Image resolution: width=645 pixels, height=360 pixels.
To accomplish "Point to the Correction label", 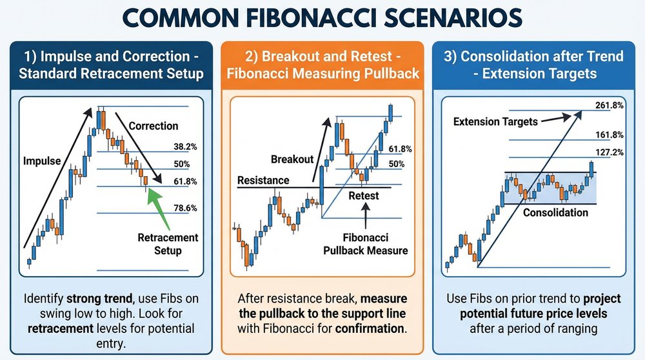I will coord(154,126).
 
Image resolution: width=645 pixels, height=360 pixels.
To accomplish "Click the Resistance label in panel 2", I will coord(263,180).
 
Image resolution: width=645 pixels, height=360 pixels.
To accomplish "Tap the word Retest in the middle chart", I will coord(364,195).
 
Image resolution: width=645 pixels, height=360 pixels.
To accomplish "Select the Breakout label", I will coord(292,159).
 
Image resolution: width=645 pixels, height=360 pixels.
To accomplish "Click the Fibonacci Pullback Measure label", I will coord(366,244).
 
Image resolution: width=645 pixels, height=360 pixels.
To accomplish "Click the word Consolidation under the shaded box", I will coord(555,212).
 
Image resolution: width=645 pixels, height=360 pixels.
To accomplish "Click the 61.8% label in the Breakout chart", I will coord(401,149).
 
